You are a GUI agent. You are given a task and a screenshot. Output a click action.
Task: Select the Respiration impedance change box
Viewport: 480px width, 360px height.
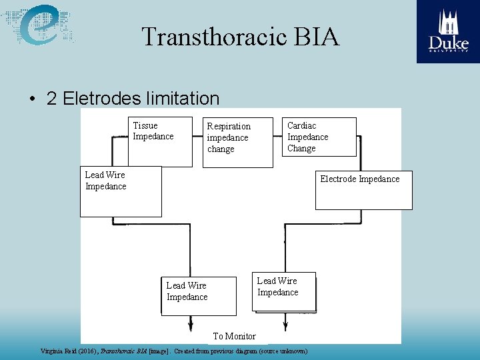pos(238,143)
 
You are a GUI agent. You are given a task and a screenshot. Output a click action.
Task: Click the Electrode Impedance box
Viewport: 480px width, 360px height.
pos(363,190)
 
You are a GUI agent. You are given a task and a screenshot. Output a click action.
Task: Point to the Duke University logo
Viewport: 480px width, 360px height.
pos(448,31)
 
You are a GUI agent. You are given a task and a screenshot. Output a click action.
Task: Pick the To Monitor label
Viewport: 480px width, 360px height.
pos(234,336)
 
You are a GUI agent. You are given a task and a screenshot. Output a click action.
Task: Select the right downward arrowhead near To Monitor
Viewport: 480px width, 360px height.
pos(285,327)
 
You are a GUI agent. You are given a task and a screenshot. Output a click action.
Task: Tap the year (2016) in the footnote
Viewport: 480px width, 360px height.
pos(87,351)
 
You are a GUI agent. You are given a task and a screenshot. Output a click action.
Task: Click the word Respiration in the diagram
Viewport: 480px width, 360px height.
pos(229,126)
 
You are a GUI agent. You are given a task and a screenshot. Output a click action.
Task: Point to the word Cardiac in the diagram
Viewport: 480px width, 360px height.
pos(301,125)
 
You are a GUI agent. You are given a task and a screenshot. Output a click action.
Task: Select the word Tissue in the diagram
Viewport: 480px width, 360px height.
pos(145,125)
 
